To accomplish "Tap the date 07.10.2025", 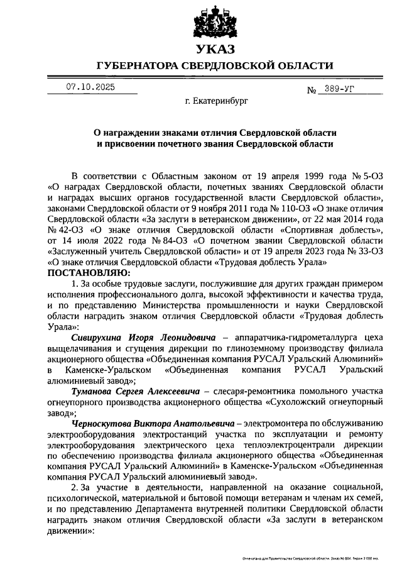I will (90, 87).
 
